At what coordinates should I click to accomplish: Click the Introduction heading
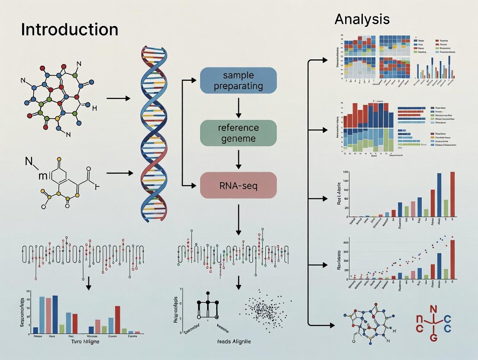click(x=69, y=30)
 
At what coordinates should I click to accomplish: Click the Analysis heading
click(x=362, y=19)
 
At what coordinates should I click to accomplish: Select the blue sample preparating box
click(x=238, y=80)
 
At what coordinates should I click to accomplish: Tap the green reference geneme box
click(x=238, y=133)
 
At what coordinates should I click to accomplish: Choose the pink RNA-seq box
click(x=238, y=185)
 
